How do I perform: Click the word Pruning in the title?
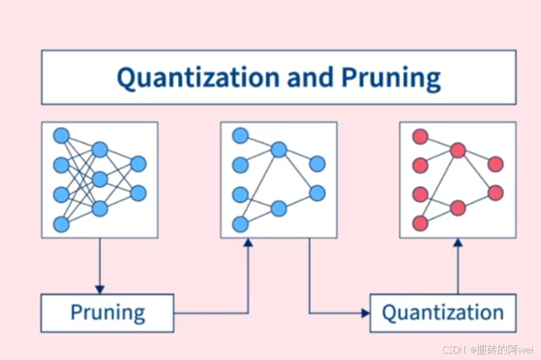tap(391, 78)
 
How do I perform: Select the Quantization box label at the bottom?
tap(443, 313)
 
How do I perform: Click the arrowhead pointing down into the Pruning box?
tap(99, 289)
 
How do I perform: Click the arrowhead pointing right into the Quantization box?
tap(365, 313)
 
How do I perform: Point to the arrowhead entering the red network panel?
tap(458, 242)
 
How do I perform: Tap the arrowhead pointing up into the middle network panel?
tap(248, 242)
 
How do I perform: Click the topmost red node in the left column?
tap(420, 137)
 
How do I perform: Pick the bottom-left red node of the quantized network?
tap(420, 224)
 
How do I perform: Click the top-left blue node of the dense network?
tap(61, 136)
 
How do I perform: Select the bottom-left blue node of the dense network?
tap(61, 224)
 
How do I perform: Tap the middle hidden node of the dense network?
tap(99, 179)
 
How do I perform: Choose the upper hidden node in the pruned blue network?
tap(279, 150)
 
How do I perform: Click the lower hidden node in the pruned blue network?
tap(279, 209)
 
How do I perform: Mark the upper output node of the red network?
tap(495, 164)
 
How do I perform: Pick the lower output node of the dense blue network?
tap(139, 193)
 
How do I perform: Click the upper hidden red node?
tap(458, 150)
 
